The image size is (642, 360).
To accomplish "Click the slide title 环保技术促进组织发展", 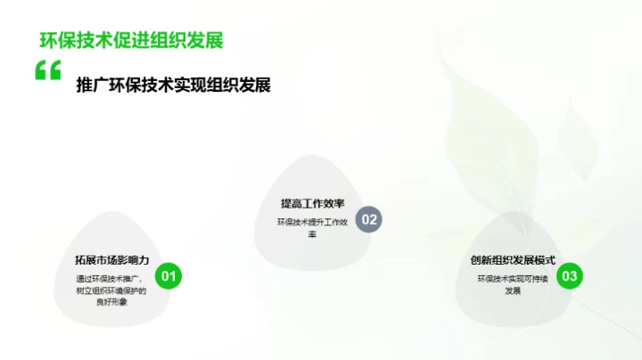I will click(131, 39).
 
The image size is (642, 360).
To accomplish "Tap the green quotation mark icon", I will click(48, 71).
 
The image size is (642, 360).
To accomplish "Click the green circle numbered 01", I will click(169, 276).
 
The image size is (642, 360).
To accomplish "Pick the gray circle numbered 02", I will click(368, 219).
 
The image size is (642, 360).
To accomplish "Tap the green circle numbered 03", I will click(570, 276).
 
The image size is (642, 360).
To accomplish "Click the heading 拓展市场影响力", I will click(111, 260).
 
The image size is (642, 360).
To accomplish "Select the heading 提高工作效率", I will click(312, 203).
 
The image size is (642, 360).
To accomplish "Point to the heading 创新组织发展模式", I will click(513, 260).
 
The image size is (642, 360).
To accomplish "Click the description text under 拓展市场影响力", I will click(111, 290).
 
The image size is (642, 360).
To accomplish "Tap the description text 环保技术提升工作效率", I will click(312, 227).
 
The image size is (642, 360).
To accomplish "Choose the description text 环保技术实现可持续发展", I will click(513, 284).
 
